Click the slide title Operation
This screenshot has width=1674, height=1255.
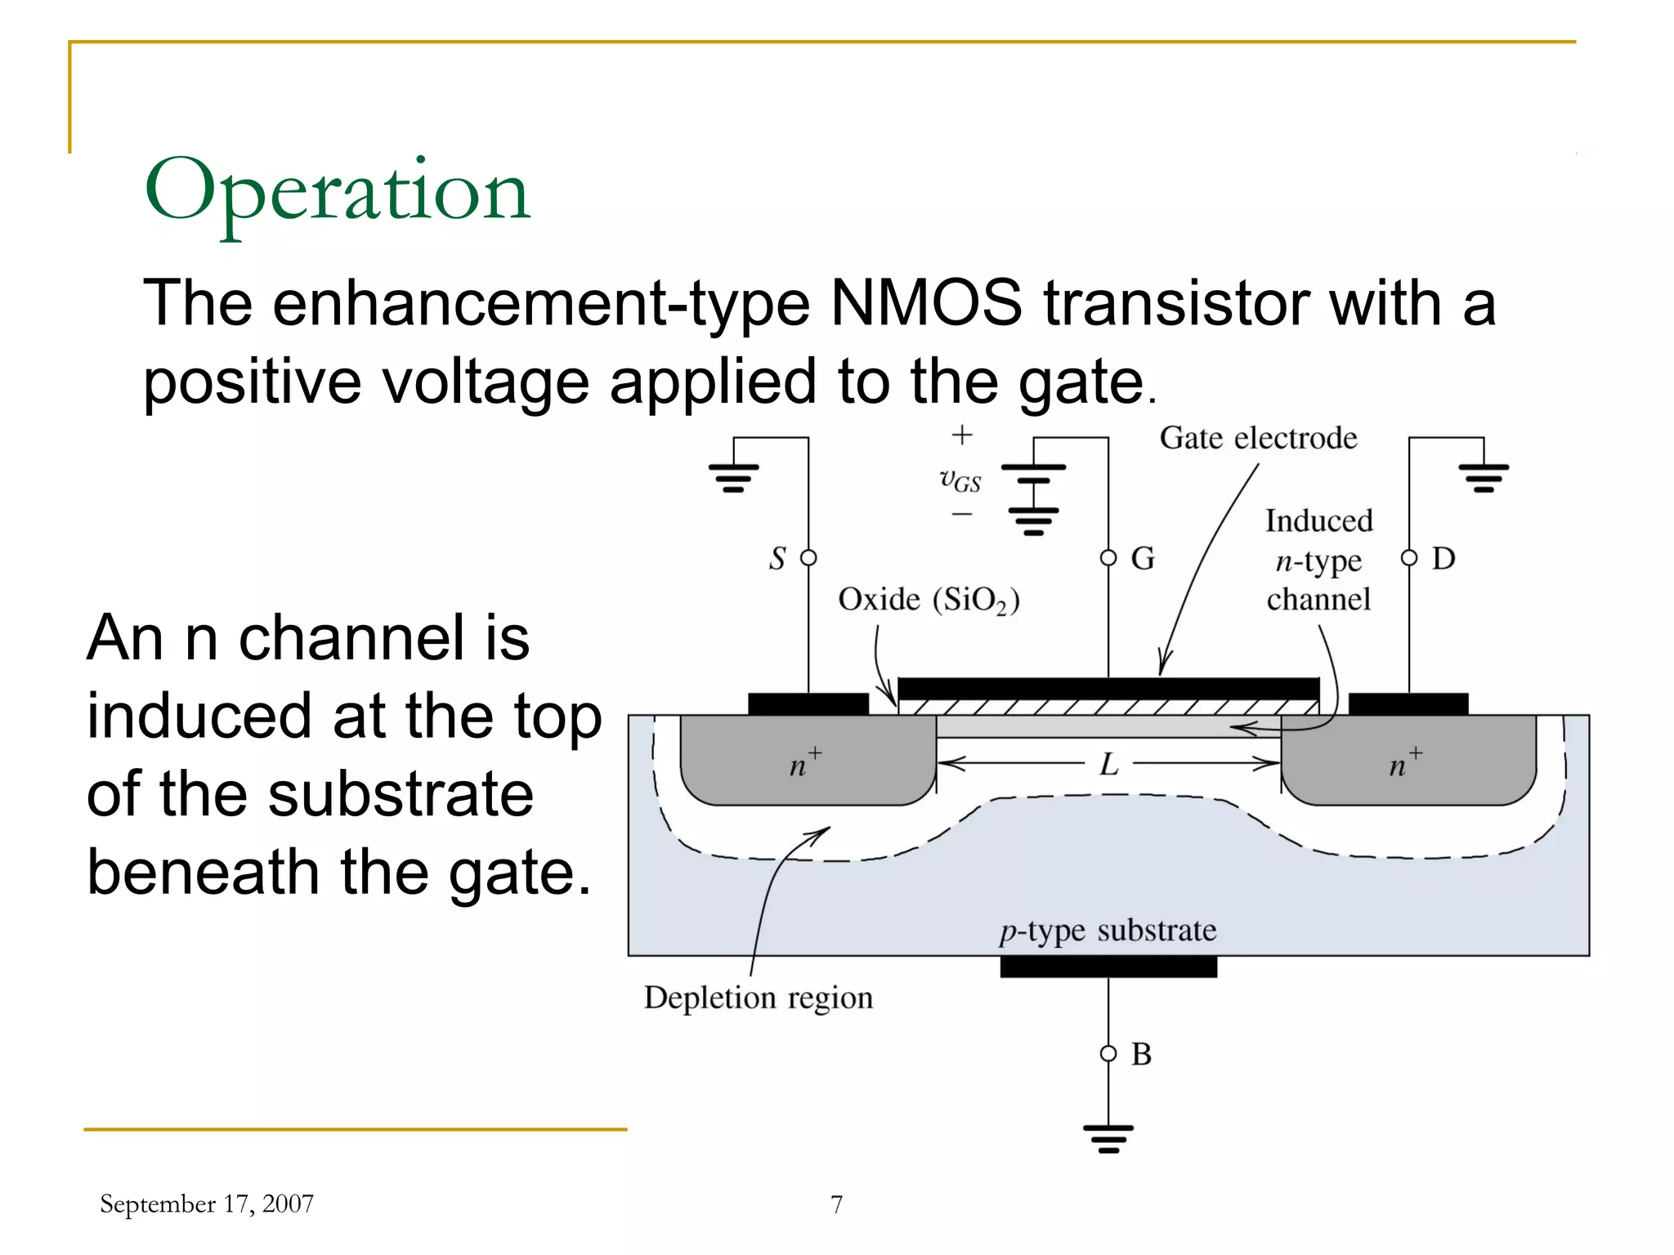point(338,192)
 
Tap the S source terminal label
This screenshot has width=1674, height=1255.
point(777,559)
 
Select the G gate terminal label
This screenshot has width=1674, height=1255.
point(1143,559)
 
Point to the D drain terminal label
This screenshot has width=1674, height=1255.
point(1443,559)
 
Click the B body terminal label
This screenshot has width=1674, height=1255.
point(1141,1054)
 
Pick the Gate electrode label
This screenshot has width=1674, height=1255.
point(1258,438)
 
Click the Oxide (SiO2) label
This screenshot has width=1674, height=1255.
point(929,600)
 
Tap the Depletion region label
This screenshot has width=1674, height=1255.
point(759,998)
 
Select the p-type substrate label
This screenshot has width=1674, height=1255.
point(1108,931)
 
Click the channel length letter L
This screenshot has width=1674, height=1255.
point(1108,765)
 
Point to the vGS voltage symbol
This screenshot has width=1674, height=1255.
point(960,480)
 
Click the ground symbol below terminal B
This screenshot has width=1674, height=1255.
point(1108,1138)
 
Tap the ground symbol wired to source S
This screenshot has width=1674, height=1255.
point(733,477)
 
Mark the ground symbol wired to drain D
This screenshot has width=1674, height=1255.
point(1484,477)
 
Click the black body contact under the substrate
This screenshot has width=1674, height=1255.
point(1108,967)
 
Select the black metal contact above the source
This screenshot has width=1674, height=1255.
point(808,703)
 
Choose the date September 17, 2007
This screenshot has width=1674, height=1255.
point(207,1204)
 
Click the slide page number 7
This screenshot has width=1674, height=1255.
point(836,1204)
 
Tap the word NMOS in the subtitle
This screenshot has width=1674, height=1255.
point(926,303)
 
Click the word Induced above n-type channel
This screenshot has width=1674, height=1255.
point(1318,521)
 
